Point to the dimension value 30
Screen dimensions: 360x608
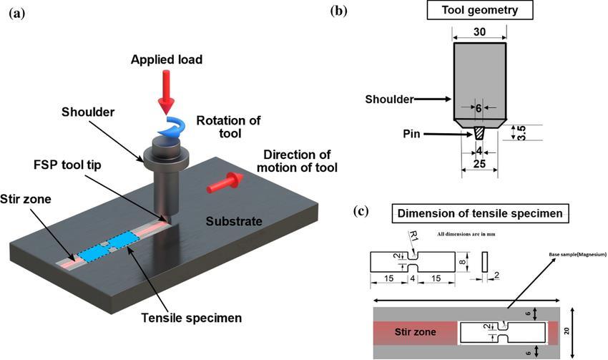click(480, 33)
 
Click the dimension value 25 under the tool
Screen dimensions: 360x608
click(480, 165)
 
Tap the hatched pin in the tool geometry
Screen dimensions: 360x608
click(480, 133)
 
